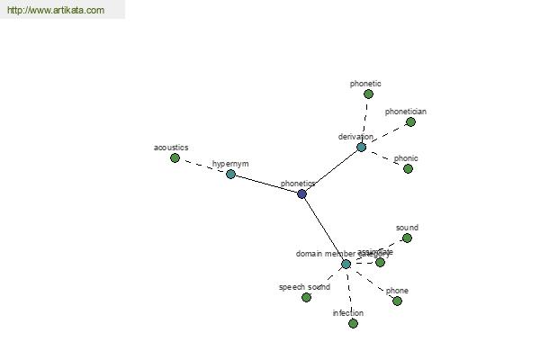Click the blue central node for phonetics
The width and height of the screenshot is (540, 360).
(301, 193)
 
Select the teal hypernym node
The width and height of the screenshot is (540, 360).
(230, 174)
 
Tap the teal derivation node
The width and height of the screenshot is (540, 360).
(362, 147)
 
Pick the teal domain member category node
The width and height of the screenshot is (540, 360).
(346, 264)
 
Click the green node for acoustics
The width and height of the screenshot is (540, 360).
(175, 157)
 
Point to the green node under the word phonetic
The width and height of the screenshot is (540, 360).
(368, 94)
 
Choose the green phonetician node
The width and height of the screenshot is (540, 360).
(410, 121)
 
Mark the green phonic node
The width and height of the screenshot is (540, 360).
(408, 168)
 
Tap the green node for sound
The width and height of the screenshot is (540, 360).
(407, 238)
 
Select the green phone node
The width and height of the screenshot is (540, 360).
(397, 301)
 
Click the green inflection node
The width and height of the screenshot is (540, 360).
(353, 323)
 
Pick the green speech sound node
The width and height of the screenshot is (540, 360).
(306, 297)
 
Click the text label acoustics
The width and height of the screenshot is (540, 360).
(171, 147)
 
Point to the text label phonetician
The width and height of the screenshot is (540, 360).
(406, 112)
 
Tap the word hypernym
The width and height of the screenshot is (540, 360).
(230, 164)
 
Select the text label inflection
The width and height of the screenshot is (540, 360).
(348, 313)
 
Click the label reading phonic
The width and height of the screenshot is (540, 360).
(406, 158)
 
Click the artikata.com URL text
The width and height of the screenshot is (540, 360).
(56, 11)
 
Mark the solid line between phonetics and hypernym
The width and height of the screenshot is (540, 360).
(266, 184)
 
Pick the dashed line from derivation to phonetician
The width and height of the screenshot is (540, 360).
(386, 134)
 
